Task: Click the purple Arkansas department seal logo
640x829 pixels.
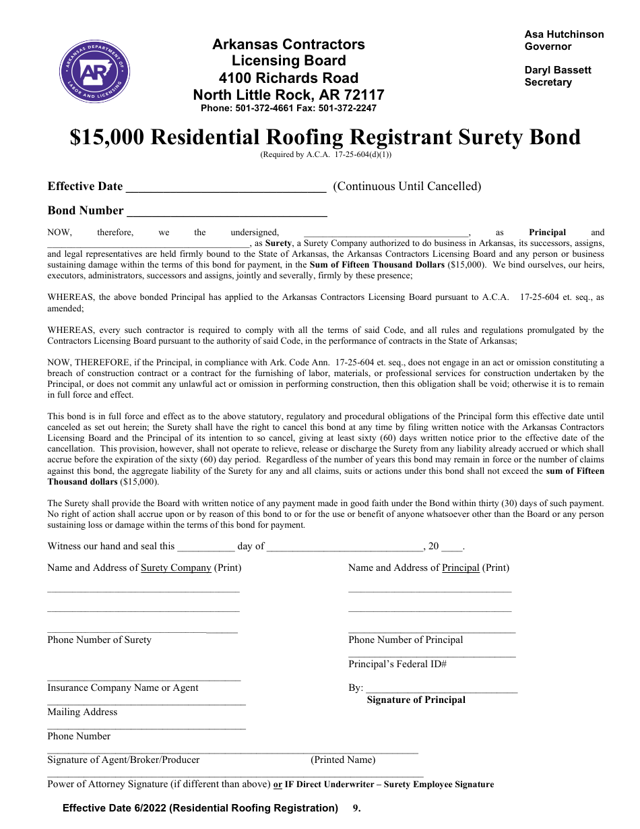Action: (x=95, y=72)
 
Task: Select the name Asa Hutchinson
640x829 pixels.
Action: (x=564, y=34)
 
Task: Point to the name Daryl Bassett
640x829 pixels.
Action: (x=558, y=70)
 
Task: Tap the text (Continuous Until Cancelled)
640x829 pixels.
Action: (x=407, y=187)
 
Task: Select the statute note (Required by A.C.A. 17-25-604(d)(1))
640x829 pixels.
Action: (x=326, y=154)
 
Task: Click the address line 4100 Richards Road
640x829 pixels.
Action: (x=288, y=78)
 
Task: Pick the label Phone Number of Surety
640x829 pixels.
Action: (x=99, y=640)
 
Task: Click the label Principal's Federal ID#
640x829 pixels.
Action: (x=397, y=664)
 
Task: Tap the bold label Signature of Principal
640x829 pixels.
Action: (x=416, y=700)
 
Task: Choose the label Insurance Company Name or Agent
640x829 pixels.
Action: (x=123, y=687)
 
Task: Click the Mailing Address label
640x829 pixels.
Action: (x=82, y=712)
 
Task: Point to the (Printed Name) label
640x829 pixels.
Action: (x=343, y=760)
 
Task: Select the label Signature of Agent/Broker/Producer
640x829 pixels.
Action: (x=123, y=760)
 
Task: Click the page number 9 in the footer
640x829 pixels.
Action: (x=356, y=808)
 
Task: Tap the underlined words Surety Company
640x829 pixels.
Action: (x=176, y=567)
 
